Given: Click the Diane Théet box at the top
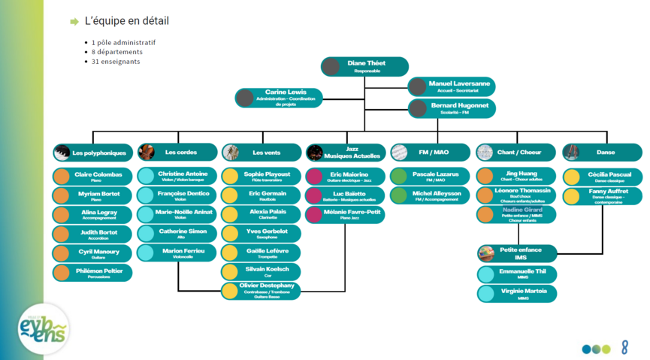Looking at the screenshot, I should pos(365,66).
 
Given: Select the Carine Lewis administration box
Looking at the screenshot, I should pos(280,97).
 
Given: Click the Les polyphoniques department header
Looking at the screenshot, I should pos(93,153).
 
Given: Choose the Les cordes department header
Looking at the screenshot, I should pos(177,153).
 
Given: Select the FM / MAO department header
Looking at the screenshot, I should pos(431,153).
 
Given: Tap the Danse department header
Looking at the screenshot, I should pos(602,153).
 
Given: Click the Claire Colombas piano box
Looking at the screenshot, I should pos(93,177).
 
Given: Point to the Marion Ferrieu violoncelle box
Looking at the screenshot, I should pos(177,253).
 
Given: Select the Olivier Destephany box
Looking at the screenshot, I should pos(262,290).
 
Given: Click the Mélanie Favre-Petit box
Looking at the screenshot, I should pos(346,214).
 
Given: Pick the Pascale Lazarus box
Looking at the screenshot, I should pos(431,177).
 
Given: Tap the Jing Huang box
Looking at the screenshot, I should pos(516,177).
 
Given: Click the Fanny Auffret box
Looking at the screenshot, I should pos(602,196).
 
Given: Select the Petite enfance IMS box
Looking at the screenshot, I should pos(516,253).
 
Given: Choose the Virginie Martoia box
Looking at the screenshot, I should pos(516,293).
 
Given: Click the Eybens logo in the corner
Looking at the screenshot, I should pos(44,328).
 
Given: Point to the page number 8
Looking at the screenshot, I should pos(624,347).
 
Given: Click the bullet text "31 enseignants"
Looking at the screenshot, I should pos(116,62).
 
